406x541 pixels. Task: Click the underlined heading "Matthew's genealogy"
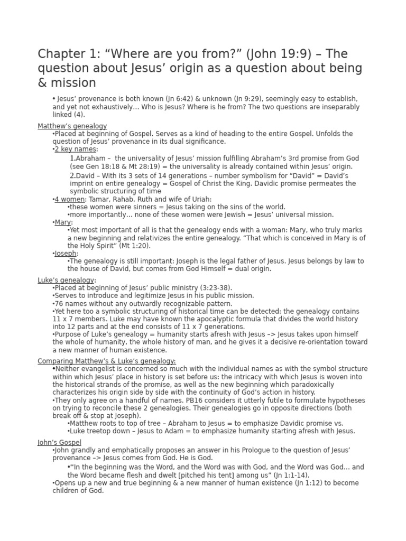pos(72,126)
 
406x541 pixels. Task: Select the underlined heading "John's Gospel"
pos(59,442)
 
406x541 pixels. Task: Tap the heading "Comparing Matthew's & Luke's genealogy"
pos(106,361)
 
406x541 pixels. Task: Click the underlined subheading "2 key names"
pos(76,150)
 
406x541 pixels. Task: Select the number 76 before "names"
pos(59,304)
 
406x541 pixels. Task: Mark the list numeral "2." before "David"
pos(73,175)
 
